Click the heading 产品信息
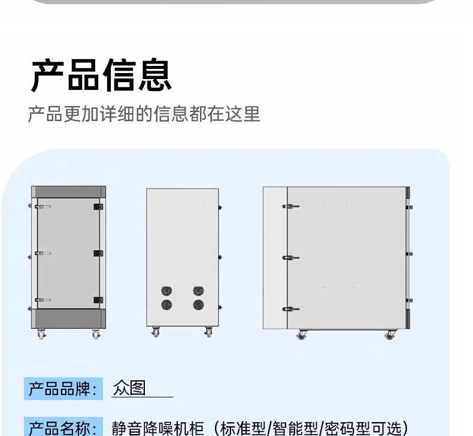(x=101, y=75)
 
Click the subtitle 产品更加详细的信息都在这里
(x=144, y=114)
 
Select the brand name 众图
(x=129, y=389)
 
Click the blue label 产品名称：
(x=63, y=428)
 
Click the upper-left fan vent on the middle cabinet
(x=166, y=291)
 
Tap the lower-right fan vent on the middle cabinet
(x=198, y=305)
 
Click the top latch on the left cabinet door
(x=43, y=206)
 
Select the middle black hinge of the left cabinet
(x=98, y=253)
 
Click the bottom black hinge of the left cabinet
(x=98, y=300)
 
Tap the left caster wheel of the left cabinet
(x=41, y=335)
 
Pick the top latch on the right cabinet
(x=291, y=207)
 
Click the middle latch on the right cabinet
(x=291, y=258)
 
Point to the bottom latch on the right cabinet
(x=291, y=310)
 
